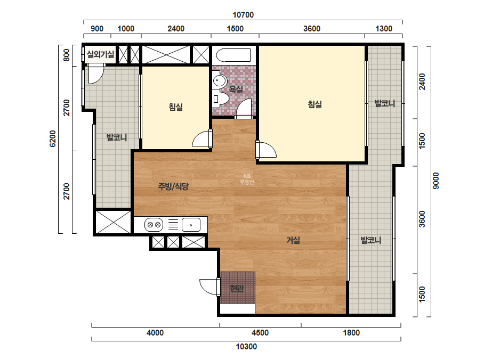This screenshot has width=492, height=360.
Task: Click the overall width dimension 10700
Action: coord(243,15)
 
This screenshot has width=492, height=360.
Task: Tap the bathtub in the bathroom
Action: coord(233,55)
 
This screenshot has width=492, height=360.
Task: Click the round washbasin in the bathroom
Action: coord(220,80)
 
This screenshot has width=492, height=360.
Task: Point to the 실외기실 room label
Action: coord(100,54)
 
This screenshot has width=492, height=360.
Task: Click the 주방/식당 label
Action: coord(173,186)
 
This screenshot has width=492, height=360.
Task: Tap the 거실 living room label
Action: coord(293,240)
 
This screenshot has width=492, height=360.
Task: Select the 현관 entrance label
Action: coord(237,288)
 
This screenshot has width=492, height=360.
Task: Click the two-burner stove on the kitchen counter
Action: coord(154,225)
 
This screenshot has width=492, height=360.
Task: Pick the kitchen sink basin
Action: coord(191,225)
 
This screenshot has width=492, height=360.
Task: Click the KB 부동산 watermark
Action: coord(247,179)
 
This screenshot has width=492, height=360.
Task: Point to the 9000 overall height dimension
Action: coord(436,181)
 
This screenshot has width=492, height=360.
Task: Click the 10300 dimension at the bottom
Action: coord(246,347)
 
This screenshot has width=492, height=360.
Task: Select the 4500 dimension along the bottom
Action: coord(260,333)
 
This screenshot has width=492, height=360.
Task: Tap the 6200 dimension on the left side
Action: coord(52,138)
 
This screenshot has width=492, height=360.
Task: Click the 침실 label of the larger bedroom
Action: coord(314,104)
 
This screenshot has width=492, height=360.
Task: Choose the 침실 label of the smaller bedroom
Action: coord(176,107)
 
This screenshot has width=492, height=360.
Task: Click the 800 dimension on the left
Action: coord(67,55)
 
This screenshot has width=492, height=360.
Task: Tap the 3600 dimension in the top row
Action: coord(312,29)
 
